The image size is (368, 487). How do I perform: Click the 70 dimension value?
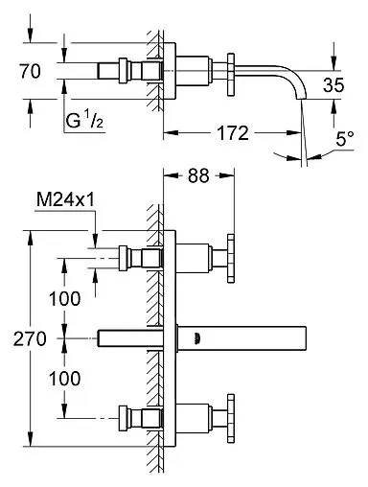point(31,71)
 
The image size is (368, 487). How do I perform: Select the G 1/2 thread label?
point(84,120)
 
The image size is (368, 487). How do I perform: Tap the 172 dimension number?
point(233,133)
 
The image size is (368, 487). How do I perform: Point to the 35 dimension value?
point(333,85)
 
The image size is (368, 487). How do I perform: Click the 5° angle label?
point(345,139)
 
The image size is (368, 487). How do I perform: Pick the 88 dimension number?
point(198,175)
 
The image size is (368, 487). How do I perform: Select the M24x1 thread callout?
point(65,200)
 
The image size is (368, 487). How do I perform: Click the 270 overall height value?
point(30,338)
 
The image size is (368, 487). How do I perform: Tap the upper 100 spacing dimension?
point(64,299)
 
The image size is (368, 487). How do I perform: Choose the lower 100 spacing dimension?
point(64,379)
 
